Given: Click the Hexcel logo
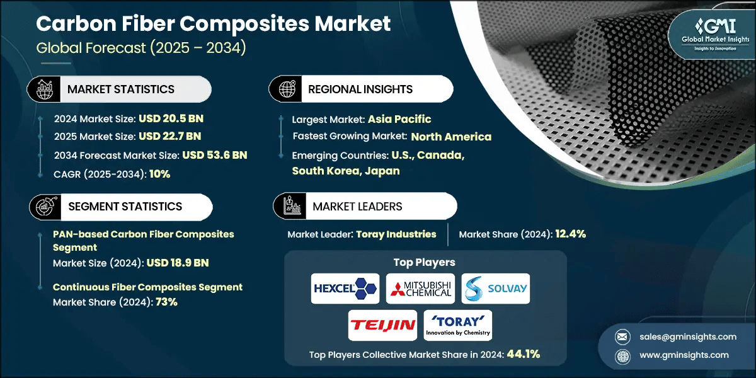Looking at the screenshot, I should [345, 289].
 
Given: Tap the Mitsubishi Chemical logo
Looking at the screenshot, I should [420, 289].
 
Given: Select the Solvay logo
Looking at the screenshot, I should [496, 289].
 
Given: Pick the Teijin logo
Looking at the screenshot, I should [382, 325].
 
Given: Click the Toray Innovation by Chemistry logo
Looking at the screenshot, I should [458, 325].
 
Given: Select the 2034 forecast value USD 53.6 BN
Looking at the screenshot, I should [214, 155].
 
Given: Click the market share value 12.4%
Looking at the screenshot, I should [570, 234].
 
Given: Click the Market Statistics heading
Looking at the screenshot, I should [121, 89].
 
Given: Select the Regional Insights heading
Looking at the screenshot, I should [360, 89].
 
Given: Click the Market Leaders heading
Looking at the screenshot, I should [357, 207].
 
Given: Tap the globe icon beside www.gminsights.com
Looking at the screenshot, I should [622, 355].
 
